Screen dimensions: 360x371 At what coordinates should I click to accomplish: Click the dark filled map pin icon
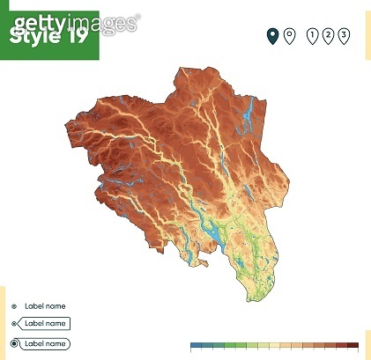tap(273, 35)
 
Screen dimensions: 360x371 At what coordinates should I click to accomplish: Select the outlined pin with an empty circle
tap(290, 35)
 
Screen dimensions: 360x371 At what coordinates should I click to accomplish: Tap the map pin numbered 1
tap(311, 35)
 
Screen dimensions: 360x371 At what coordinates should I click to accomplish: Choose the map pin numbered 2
tap(327, 35)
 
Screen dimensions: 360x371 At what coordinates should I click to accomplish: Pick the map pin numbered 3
tap(343, 35)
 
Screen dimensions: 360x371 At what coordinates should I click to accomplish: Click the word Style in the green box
tap(33, 38)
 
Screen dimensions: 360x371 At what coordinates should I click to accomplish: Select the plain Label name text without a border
tap(45, 306)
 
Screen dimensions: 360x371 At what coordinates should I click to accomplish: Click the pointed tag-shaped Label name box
tap(44, 324)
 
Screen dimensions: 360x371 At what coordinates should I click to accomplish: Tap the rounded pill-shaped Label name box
tap(44, 343)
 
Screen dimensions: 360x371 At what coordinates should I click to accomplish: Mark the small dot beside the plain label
tap(14, 306)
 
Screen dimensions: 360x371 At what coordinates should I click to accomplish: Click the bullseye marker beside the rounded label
tap(14, 343)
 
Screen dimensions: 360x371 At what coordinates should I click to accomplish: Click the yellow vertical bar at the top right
tap(367, 35)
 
